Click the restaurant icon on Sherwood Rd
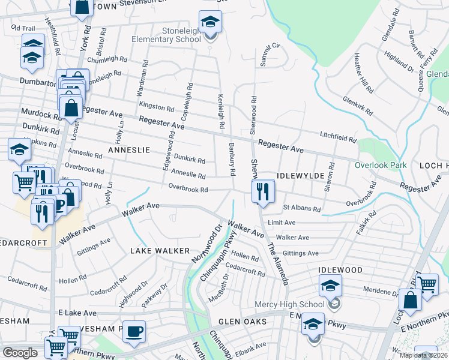coord(263,192)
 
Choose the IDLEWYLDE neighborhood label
coord(301,175)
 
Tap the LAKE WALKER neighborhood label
coord(160,250)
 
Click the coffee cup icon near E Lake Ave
coord(134,331)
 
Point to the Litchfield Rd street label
coord(338,138)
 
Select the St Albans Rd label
coord(301,208)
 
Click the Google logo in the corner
coord(20,353)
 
